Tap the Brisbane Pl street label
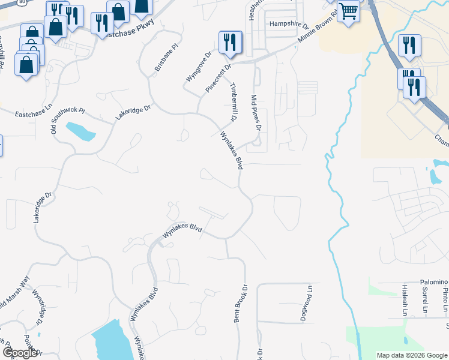[x=167, y=57]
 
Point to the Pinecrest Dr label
[x=218, y=78]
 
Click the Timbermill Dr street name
[x=235, y=98]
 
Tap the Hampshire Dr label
[x=289, y=25]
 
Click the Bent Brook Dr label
[x=241, y=303]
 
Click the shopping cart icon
[x=348, y=10]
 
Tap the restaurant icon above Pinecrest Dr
[x=230, y=41]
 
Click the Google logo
[x=20, y=353]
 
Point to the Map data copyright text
[x=412, y=355]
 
